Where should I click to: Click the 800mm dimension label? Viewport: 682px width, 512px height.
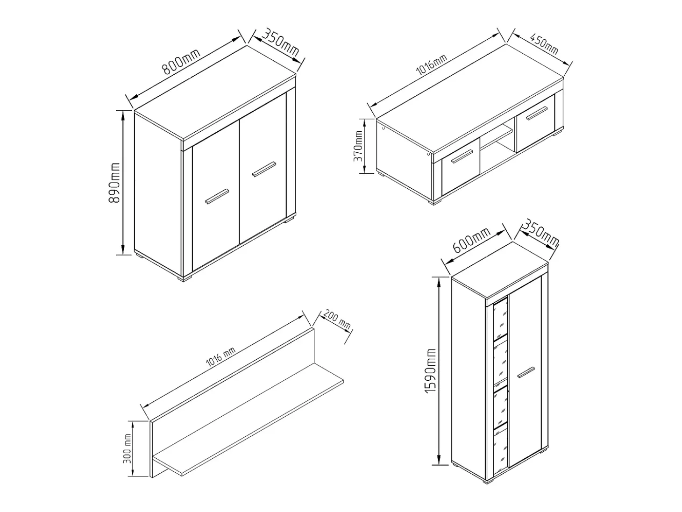click(182, 62)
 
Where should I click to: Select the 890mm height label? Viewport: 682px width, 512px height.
click(114, 183)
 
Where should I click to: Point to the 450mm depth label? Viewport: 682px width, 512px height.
click(544, 44)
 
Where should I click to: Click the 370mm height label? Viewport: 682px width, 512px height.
click(358, 146)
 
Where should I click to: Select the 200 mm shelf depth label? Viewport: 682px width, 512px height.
click(337, 320)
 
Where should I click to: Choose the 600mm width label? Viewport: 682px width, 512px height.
click(471, 240)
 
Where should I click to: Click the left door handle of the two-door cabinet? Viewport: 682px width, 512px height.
click(217, 196)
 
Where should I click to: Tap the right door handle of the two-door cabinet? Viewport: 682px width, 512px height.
click(264, 169)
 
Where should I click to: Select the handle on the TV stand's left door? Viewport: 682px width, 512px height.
click(462, 156)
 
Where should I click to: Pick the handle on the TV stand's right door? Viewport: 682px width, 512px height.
click(537, 114)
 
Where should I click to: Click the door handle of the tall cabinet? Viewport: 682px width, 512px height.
click(526, 372)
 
